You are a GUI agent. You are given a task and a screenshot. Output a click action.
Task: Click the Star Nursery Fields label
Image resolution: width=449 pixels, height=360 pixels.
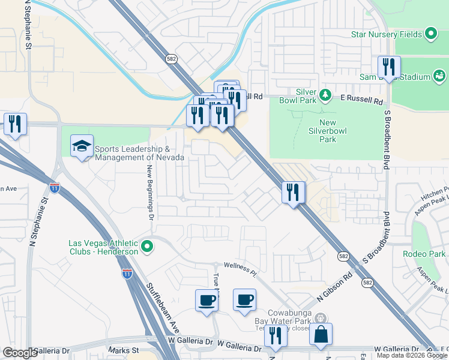pos(387,34)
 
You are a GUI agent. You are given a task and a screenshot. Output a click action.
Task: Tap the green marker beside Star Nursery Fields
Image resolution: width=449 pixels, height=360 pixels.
pos(430,34)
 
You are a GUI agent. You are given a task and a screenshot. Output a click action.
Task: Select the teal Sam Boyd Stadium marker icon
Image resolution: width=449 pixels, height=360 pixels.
pos(439,76)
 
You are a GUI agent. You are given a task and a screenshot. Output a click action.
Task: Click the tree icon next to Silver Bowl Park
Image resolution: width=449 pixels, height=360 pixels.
pos(325,94)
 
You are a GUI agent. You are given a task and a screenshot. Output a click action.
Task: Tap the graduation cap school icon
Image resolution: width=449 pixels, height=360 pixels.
pos(82,146)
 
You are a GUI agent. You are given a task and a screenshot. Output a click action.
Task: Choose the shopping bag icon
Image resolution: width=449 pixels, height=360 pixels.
pos(321,334)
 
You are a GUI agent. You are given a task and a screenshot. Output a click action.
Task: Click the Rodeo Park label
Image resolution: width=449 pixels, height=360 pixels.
pos(424,254)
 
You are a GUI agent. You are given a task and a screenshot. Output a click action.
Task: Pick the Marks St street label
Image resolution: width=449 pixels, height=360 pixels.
pos(124,350)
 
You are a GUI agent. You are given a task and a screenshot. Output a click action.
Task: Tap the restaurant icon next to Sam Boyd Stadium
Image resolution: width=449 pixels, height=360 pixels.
pos(389,67)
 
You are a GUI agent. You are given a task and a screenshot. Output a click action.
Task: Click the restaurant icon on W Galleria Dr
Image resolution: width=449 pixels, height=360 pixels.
pos(276,335)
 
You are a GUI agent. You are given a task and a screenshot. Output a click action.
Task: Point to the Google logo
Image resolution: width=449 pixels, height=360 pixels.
pos(20,352)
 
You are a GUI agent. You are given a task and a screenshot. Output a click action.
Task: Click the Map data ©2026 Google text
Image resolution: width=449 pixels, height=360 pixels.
pos(411,355)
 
